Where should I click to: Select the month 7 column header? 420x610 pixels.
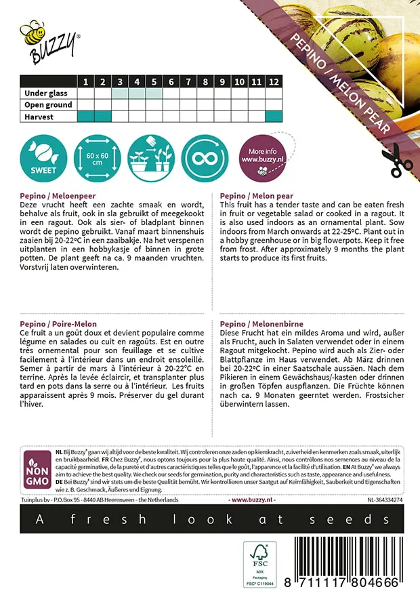pyautogui.click(x=171, y=82)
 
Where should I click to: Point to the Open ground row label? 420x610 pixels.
pyautogui.click(x=48, y=105)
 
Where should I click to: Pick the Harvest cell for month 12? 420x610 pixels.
pyautogui.click(x=273, y=117)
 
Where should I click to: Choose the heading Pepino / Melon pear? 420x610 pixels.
pyautogui.click(x=255, y=194)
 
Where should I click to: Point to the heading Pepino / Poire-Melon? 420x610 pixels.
pyautogui.click(x=57, y=324)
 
